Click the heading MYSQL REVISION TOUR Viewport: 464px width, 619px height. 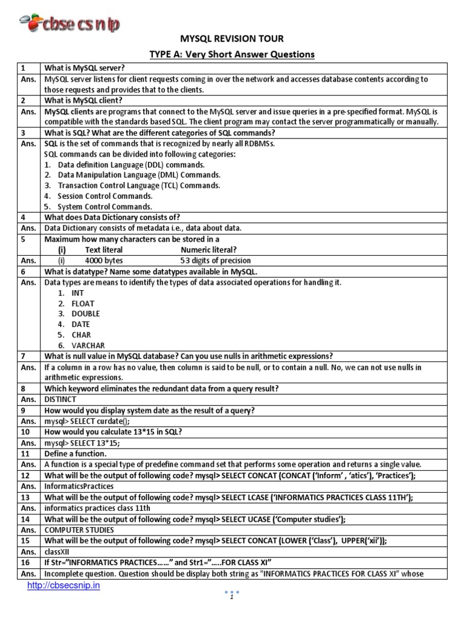pos(232,39)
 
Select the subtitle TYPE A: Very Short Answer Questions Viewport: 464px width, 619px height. pos(232,54)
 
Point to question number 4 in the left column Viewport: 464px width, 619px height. pos(22,217)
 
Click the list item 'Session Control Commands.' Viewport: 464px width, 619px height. pos(105,196)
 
